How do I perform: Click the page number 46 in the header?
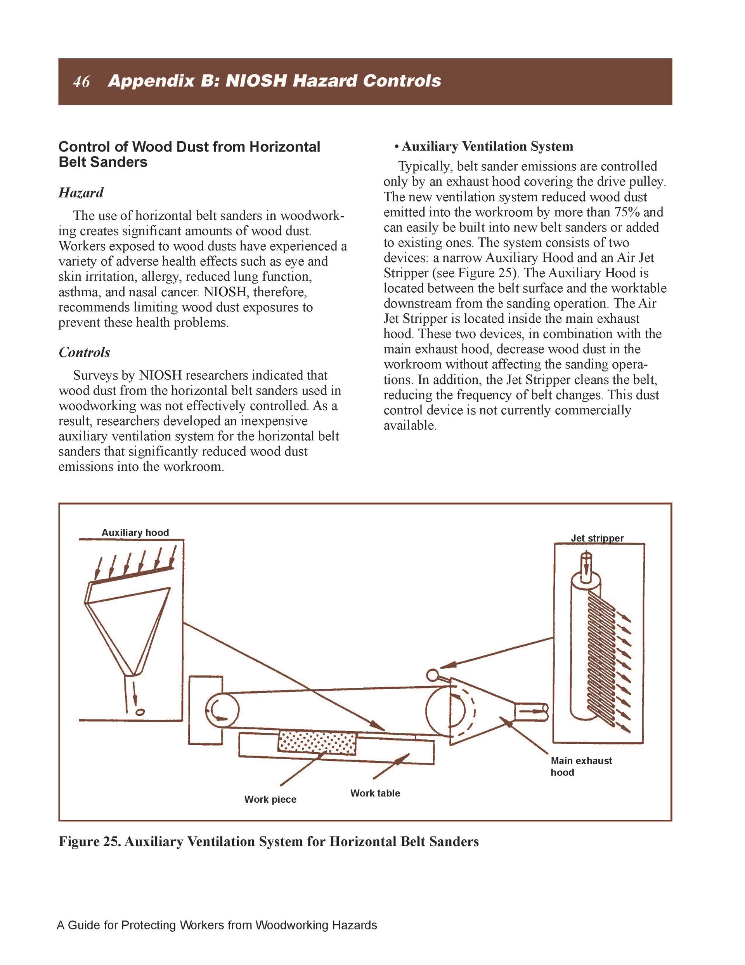click(81, 82)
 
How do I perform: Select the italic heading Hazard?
click(81, 193)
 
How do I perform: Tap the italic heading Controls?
click(84, 353)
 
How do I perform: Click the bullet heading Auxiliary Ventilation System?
click(487, 146)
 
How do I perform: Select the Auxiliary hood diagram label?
click(135, 532)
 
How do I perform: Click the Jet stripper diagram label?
click(597, 538)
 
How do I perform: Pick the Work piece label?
click(270, 799)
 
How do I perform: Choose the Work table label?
click(375, 793)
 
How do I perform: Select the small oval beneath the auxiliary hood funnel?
click(140, 712)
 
